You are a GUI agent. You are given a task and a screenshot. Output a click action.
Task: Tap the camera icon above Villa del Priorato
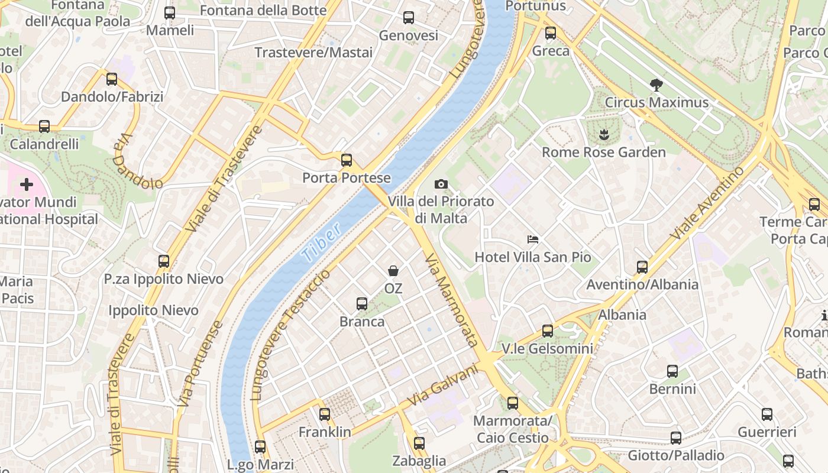coord(441,184)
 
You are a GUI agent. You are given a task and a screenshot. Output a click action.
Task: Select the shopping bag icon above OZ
coord(393,271)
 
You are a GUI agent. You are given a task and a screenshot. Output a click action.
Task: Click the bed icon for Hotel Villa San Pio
coord(533,239)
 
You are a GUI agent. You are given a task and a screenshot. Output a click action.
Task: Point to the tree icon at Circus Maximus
coord(656,85)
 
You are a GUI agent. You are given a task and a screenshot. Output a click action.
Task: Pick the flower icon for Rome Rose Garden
coord(604,135)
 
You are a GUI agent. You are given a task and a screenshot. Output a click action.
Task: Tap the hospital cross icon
coord(27,184)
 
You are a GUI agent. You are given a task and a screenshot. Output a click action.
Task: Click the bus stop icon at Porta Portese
coord(347,160)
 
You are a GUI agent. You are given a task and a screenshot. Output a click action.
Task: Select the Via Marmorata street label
coord(452,300)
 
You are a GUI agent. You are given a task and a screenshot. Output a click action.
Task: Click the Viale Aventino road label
coord(707,203)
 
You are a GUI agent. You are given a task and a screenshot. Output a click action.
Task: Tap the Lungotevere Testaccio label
coord(290,336)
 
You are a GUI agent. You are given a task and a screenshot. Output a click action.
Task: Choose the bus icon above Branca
coord(362,304)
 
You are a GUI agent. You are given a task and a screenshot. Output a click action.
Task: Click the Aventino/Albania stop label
coord(642,284)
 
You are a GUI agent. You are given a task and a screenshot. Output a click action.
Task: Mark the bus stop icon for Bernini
coord(672,371)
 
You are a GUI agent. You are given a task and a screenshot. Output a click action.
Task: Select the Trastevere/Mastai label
coord(313,53)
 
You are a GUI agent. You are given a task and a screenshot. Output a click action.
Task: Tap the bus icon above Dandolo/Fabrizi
coord(112,79)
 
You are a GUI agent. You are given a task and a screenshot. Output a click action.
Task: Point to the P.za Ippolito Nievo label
coord(164,279)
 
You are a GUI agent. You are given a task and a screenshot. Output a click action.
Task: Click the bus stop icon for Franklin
coord(325,414)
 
